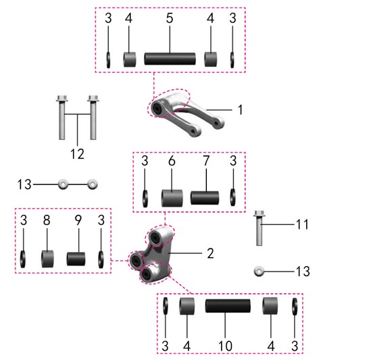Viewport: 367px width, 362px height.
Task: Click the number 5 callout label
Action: [x=170, y=18]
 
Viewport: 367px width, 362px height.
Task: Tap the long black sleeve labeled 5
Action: [x=170, y=59]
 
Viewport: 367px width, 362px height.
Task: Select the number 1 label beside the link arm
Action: [x=241, y=109]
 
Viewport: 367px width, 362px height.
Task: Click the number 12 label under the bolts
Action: [x=78, y=154]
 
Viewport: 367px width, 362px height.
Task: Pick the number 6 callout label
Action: [x=172, y=161]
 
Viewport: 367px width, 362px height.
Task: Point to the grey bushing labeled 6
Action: [x=172, y=198]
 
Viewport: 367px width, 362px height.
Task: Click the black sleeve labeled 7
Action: [x=205, y=198]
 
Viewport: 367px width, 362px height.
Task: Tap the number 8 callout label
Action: [x=47, y=220]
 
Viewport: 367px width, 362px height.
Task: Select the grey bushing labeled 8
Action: [x=47, y=259]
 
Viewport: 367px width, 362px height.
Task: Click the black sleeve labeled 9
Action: [x=76, y=259]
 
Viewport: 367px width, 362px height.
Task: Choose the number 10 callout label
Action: [x=225, y=346]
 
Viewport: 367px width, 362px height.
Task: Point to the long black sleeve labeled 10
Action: [x=228, y=306]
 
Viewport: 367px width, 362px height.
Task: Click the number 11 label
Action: [x=302, y=224]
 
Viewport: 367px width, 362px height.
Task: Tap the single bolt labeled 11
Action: [x=259, y=228]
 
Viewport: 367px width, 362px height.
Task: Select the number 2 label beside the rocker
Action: [x=210, y=253]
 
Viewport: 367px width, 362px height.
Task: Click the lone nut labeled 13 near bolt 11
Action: [x=259, y=271]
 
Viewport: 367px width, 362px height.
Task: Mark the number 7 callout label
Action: [x=206, y=161]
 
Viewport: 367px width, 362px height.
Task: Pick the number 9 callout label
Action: [x=78, y=220]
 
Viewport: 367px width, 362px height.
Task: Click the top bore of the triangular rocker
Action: [x=155, y=238]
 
